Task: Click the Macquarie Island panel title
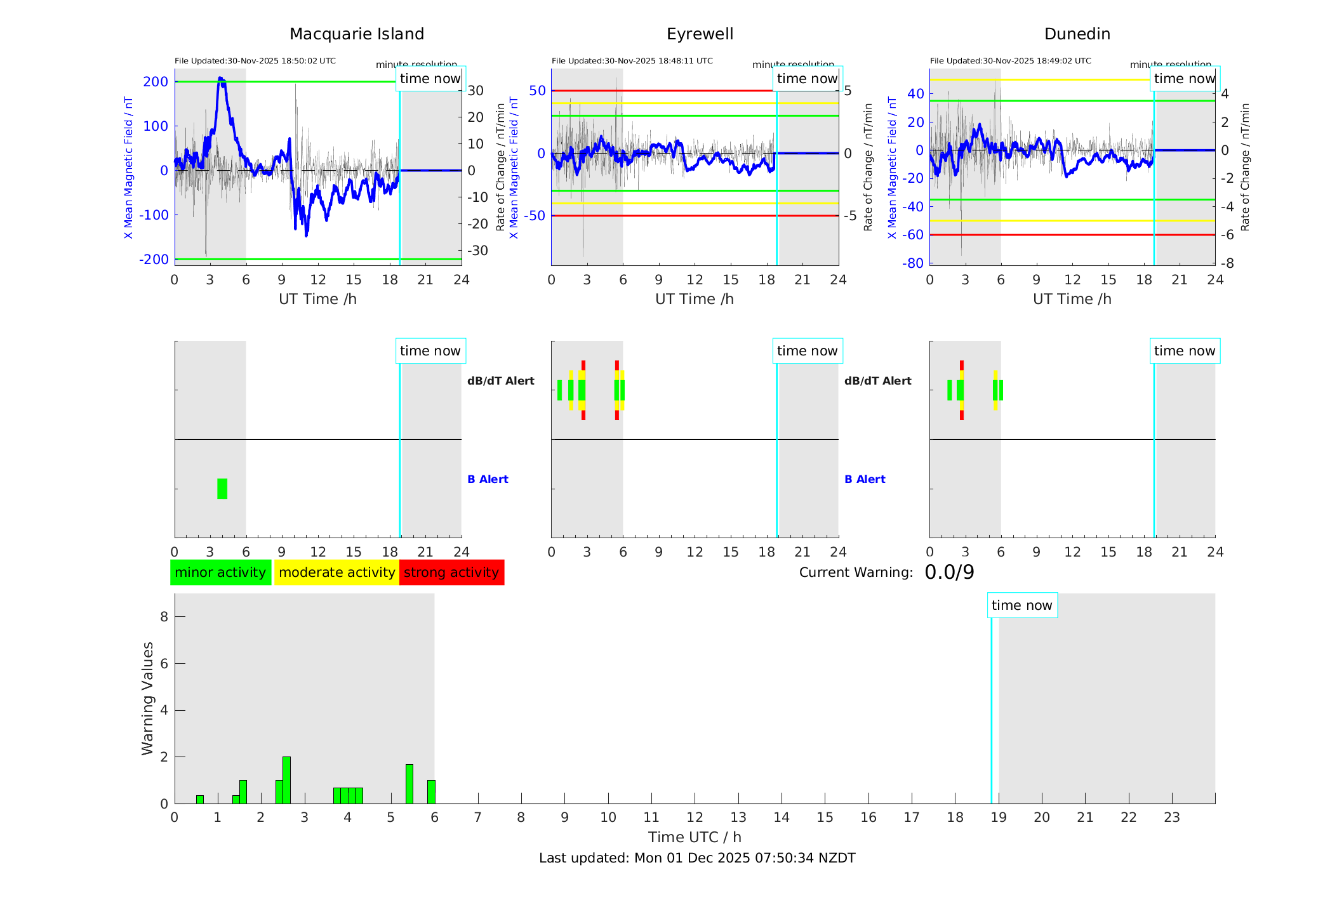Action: click(x=357, y=34)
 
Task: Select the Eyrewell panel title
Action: click(x=700, y=34)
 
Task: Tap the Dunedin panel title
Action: click(x=1077, y=34)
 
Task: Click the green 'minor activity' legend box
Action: click(x=220, y=572)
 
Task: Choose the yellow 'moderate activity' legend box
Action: click(x=336, y=572)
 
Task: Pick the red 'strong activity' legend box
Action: click(x=451, y=572)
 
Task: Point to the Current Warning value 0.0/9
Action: click(x=949, y=572)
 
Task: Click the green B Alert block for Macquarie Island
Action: click(x=222, y=489)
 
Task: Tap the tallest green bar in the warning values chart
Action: click(x=286, y=780)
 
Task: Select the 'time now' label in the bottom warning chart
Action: click(x=1021, y=605)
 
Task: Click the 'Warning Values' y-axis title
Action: click(x=148, y=698)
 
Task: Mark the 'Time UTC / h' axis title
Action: click(x=695, y=837)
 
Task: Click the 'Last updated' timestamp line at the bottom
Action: click(x=697, y=858)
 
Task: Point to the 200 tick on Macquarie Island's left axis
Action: click(x=156, y=82)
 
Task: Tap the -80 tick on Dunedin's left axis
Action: click(x=915, y=263)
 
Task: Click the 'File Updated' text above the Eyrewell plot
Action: click(x=632, y=61)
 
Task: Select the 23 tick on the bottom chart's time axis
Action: click(x=1171, y=817)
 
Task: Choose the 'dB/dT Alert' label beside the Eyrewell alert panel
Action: click(x=877, y=381)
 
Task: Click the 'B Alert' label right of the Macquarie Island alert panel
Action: click(x=488, y=479)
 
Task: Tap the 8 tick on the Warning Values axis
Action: click(x=164, y=616)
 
